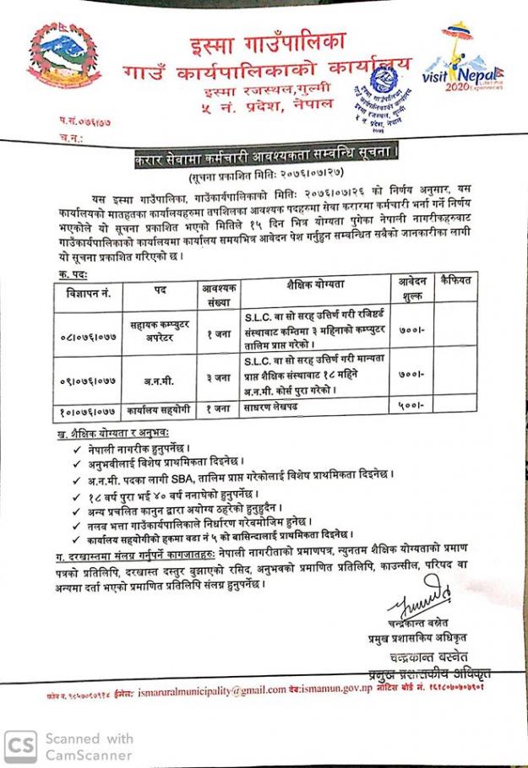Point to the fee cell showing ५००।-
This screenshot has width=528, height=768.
click(412, 408)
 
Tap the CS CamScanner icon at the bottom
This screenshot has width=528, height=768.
click(20, 744)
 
